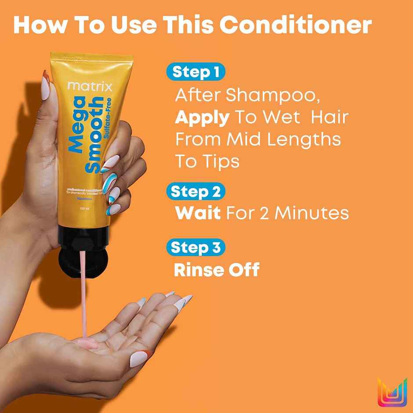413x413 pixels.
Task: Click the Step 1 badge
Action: click(x=195, y=72)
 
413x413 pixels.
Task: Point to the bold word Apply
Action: click(x=202, y=118)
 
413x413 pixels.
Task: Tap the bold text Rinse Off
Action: click(x=217, y=270)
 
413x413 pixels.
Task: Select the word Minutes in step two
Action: click(x=312, y=213)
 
